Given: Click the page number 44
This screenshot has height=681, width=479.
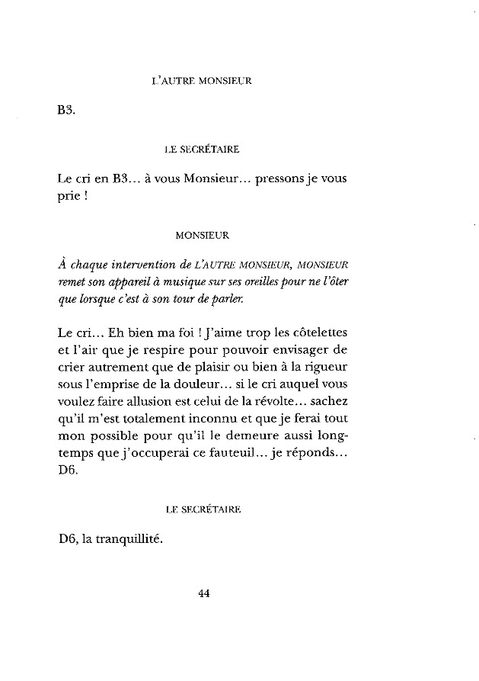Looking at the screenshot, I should tap(203, 595).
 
